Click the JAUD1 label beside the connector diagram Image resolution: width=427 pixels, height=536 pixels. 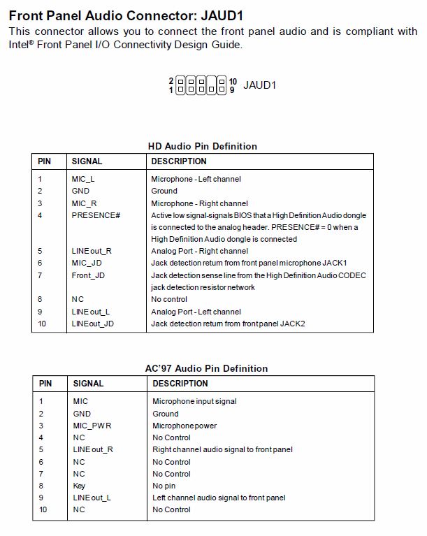[x=259, y=85]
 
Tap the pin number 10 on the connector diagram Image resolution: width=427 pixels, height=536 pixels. [x=233, y=81]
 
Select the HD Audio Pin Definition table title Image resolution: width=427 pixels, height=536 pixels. [x=203, y=146]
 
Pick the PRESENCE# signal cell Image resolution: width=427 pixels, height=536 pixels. [x=96, y=215]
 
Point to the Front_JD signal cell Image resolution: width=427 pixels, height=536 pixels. [x=88, y=275]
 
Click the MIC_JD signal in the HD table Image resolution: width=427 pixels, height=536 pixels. [x=86, y=263]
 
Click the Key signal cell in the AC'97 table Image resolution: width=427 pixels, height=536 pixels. [x=79, y=486]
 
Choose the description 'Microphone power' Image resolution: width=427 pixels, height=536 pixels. [x=184, y=426]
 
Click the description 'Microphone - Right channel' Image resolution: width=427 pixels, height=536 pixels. [x=199, y=203]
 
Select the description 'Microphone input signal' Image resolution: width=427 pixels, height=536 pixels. [x=194, y=401]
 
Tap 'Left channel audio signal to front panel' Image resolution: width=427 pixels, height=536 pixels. [x=219, y=498]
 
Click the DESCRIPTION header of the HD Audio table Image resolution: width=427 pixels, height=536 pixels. [x=179, y=161]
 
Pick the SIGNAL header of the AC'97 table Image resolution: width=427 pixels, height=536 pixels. [x=88, y=383]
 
